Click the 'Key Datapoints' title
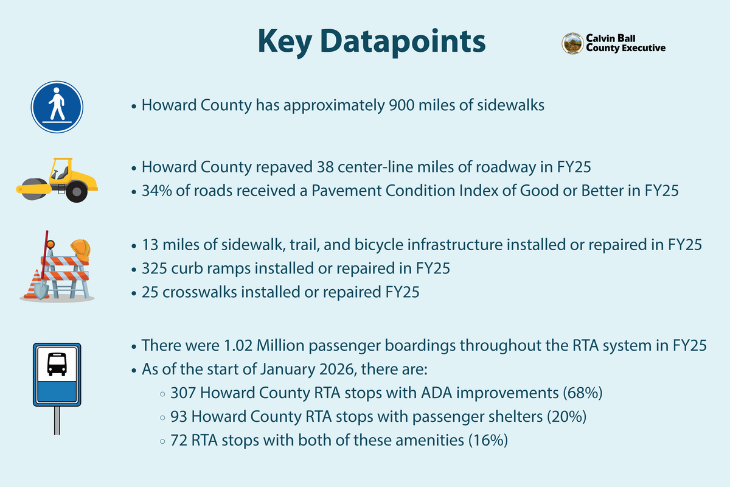pyautogui.click(x=371, y=41)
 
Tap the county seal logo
pyautogui.click(x=572, y=43)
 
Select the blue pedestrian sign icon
pyautogui.click(x=57, y=107)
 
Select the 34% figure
pyautogui.click(x=156, y=191)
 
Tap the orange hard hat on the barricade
pyautogui.click(x=80, y=249)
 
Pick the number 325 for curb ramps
pyautogui.click(x=154, y=268)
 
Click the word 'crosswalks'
pyautogui.click(x=196, y=292)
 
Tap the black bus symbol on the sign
pyautogui.click(x=57, y=364)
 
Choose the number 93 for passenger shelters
pyautogui.click(x=181, y=417)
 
